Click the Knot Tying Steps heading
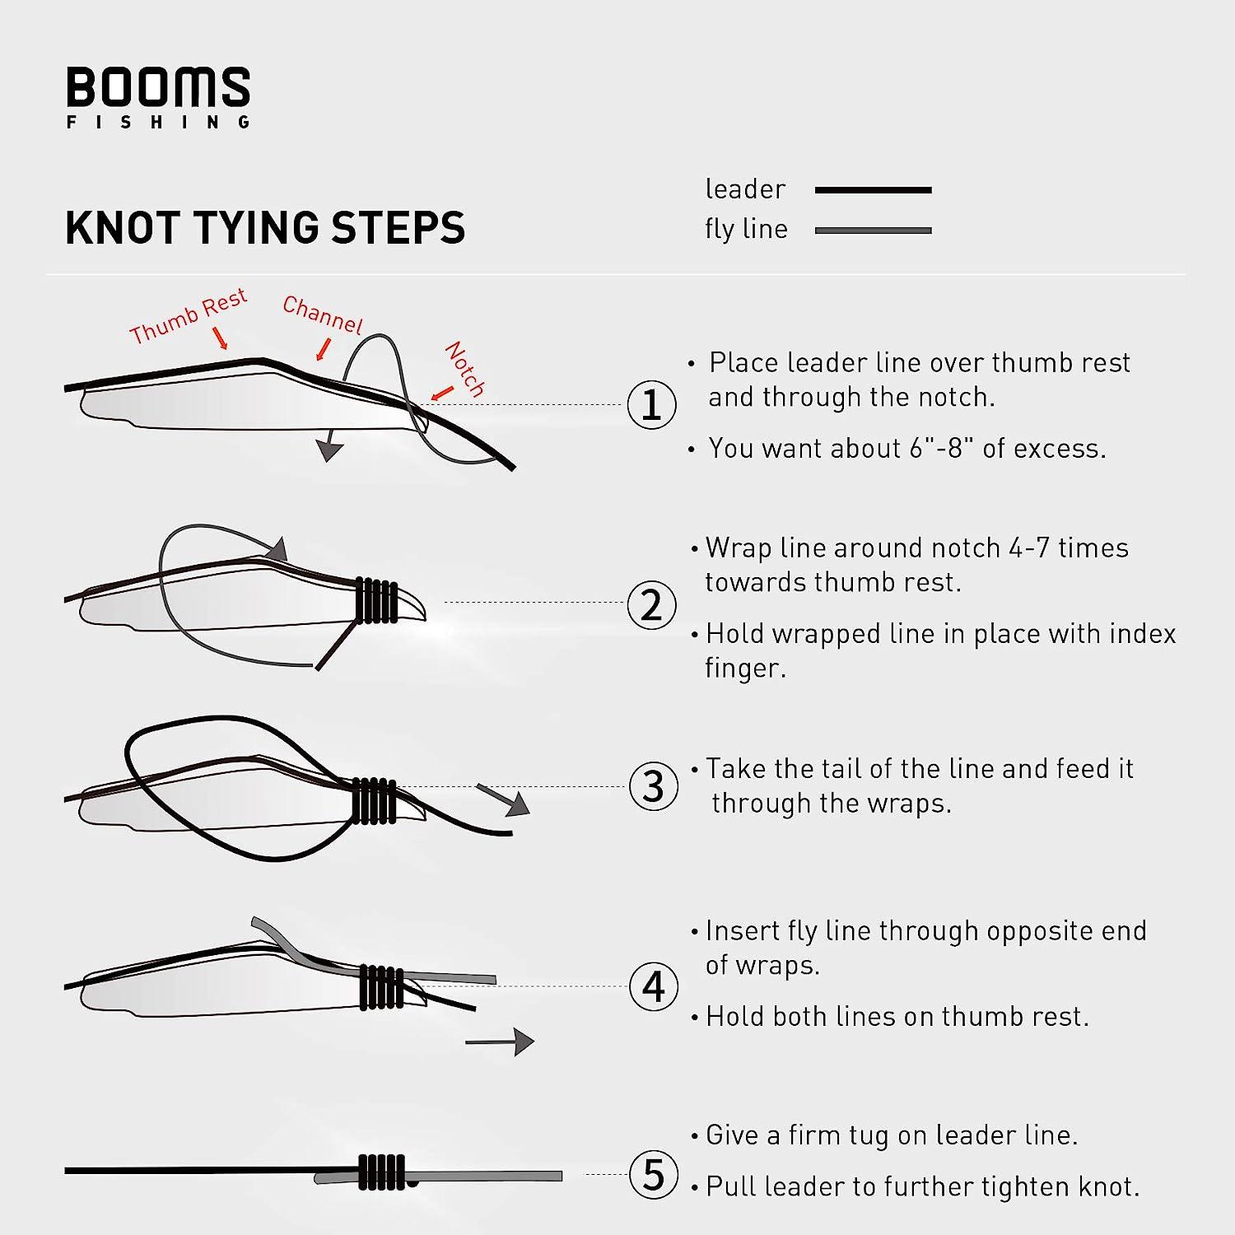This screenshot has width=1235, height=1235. pos(265,228)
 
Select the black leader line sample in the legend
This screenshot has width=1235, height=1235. pos(873,190)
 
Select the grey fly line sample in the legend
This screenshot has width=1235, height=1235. pos(873,231)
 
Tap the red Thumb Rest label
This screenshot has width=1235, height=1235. pos(189,316)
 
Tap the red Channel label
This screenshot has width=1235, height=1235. pos(322,315)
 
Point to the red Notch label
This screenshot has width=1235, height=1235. pos(464,369)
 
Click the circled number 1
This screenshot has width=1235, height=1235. pos(651,404)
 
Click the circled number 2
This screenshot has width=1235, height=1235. pos(651,605)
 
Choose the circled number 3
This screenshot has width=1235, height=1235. pos(653,786)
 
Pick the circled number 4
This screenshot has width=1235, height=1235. pos(653,986)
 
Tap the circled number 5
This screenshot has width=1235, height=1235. pos(653,1174)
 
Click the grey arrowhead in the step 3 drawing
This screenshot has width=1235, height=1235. pos(516,804)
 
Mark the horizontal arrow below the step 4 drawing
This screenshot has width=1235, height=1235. pos(500,1042)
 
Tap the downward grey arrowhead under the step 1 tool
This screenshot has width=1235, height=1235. pos(329,450)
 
